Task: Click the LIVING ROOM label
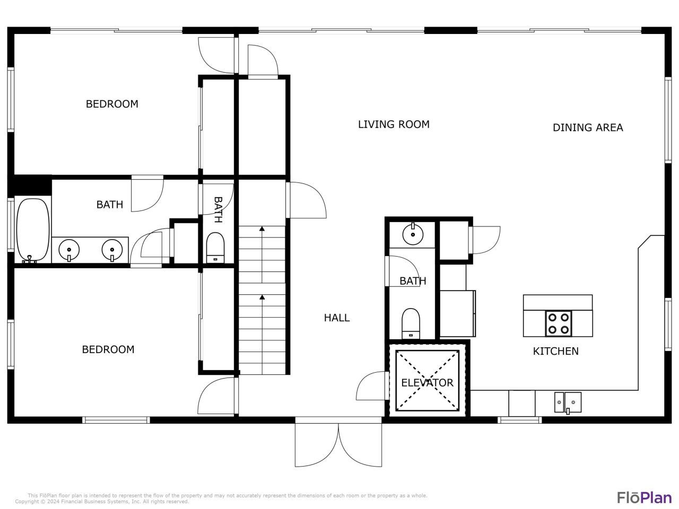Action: (393, 124)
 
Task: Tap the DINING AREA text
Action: (587, 127)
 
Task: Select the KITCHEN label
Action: (555, 351)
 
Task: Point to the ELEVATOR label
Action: (427, 382)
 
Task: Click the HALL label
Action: (337, 318)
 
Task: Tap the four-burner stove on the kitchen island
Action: (559, 323)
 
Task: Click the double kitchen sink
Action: (568, 402)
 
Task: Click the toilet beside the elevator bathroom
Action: (411, 323)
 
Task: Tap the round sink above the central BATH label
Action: (412, 233)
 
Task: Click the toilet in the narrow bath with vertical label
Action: (215, 247)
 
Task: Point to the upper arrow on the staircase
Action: (262, 229)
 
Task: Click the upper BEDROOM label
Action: (112, 104)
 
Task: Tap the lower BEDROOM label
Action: (108, 349)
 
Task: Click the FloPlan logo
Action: (644, 497)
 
